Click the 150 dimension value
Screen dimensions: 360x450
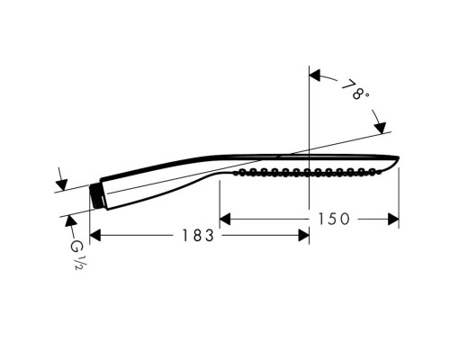coord(335,218)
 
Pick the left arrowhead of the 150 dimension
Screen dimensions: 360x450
coord(226,218)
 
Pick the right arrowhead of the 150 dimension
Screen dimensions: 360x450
coord(394,218)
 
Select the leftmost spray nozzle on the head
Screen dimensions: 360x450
coord(239,172)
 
